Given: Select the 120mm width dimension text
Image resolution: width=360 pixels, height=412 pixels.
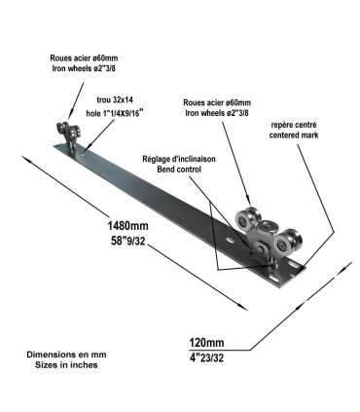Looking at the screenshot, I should click(206, 343).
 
